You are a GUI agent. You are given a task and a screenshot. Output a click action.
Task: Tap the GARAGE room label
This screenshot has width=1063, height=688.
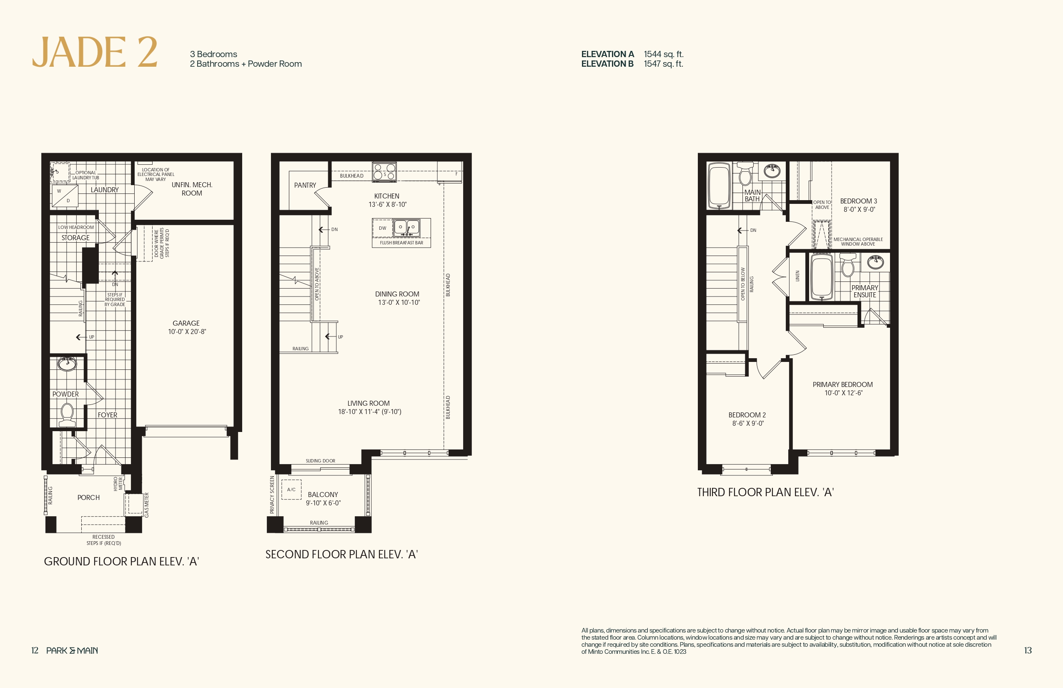[186, 323]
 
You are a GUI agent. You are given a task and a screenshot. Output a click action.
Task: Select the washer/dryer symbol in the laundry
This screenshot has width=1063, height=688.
[65, 196]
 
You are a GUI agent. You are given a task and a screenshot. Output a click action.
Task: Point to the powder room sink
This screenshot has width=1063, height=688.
[67, 364]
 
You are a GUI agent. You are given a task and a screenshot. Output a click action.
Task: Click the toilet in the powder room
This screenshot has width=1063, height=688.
[67, 415]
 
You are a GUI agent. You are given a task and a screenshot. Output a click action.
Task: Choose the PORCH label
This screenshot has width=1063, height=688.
[88, 497]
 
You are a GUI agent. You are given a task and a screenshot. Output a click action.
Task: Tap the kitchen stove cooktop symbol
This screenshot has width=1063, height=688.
[384, 172]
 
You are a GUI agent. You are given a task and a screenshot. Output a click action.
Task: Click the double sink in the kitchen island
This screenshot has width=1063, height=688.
[406, 228]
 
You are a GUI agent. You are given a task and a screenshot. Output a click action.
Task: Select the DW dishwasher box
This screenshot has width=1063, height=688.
[382, 228]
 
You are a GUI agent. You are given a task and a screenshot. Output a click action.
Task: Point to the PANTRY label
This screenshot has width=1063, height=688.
[305, 185]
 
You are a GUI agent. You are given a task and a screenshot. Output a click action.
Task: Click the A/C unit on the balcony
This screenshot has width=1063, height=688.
[291, 490]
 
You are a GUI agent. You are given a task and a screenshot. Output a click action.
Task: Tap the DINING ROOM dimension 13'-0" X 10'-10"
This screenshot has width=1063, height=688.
[399, 302]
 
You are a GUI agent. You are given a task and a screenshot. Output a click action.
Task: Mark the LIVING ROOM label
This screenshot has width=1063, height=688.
[369, 403]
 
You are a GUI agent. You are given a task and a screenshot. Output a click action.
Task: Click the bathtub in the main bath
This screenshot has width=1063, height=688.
[719, 186]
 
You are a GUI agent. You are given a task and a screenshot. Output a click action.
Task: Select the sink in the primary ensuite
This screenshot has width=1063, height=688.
[875, 262]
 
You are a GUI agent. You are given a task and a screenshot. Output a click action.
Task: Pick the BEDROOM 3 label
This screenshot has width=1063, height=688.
[858, 201]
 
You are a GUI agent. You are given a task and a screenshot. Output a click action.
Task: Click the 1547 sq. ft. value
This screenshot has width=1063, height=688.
[663, 64]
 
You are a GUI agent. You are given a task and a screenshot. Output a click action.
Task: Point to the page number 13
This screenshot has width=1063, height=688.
[1028, 650]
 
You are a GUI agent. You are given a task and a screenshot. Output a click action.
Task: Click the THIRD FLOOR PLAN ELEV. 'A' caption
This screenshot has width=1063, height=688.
[765, 492]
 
